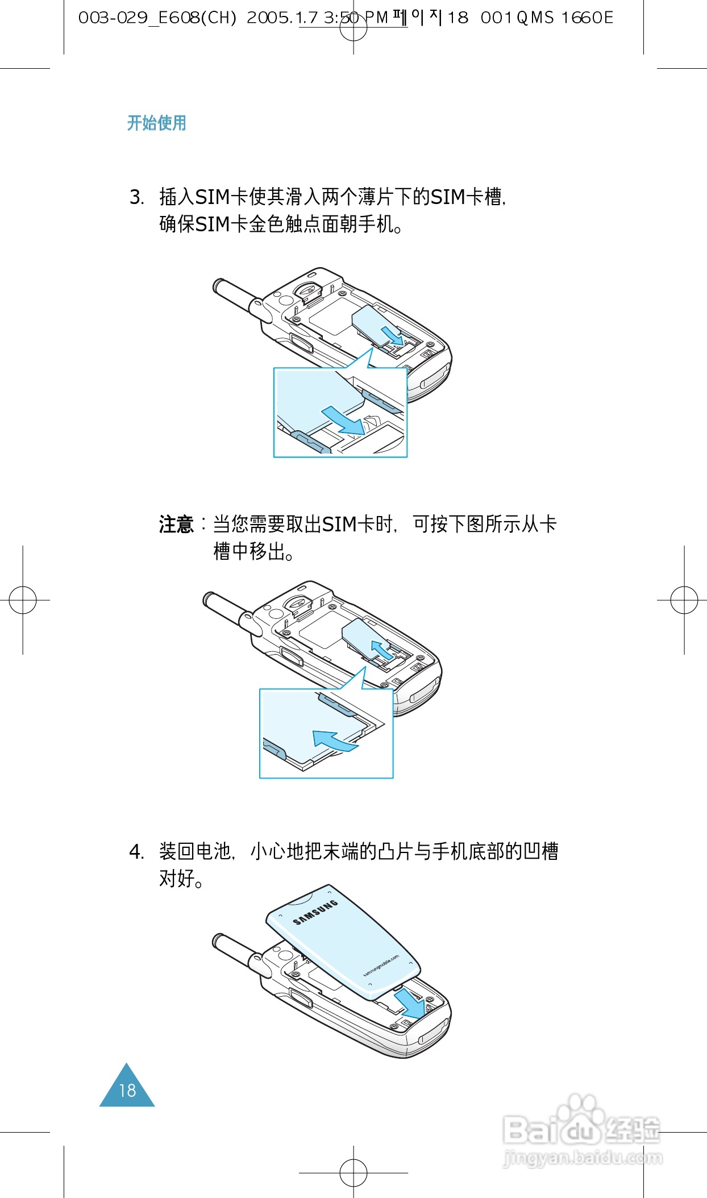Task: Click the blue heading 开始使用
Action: coord(156,123)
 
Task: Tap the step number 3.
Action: coord(136,198)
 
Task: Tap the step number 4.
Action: coord(136,852)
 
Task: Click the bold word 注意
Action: coord(176,524)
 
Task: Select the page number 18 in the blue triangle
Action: coord(127,1091)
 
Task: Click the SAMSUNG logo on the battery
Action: coord(315,912)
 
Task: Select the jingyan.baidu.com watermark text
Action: coord(583,1158)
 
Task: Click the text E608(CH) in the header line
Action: coord(197,18)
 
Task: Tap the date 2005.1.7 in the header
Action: coord(282,18)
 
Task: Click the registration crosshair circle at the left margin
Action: coord(23,600)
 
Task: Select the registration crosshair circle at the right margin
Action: coord(684,600)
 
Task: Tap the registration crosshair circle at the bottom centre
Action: coord(353,1172)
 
